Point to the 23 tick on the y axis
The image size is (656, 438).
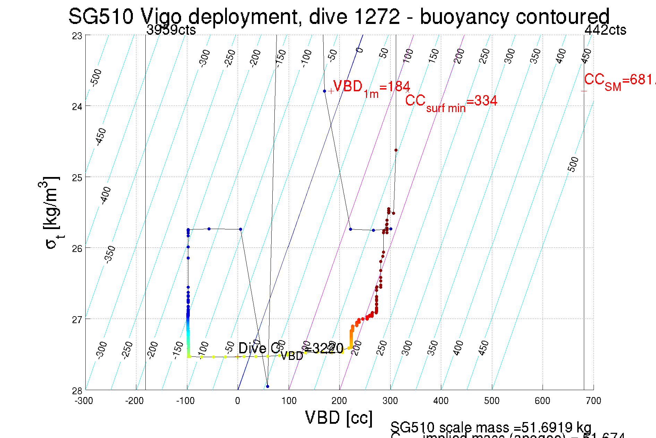tap(77, 36)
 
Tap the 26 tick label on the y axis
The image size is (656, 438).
tap(77, 249)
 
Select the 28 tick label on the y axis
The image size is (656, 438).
tap(77, 391)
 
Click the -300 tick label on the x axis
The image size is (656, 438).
tap(84, 401)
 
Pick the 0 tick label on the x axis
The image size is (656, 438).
tap(238, 401)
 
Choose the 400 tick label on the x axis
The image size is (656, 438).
tap(441, 401)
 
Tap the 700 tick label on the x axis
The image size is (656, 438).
tap(593, 401)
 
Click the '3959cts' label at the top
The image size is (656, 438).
tap(171, 30)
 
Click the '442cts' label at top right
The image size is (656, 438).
tap(605, 30)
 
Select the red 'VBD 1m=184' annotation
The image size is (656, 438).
tap(371, 87)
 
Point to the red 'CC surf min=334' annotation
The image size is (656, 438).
tap(451, 102)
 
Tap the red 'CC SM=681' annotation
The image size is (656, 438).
tap(619, 81)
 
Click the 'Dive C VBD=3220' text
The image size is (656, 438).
tap(291, 349)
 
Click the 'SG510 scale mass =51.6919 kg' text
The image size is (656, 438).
tap(491, 427)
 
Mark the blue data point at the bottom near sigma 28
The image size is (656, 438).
tap(267, 386)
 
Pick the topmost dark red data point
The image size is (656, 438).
tap(396, 150)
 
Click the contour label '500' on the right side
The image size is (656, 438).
tap(573, 164)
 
